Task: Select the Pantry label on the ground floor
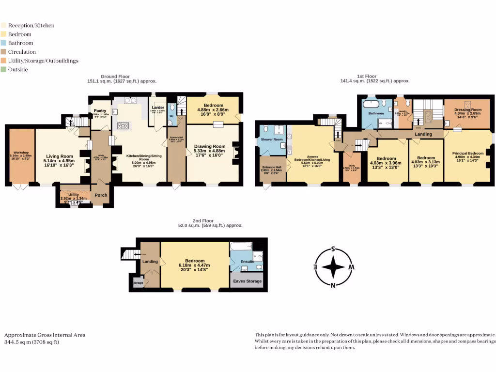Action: [x=100, y=110]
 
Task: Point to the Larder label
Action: [x=158, y=107]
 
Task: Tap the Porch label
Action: [x=101, y=195]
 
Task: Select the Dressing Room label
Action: [x=467, y=110]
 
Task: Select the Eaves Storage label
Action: [x=247, y=281]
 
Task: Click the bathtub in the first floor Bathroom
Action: [x=372, y=103]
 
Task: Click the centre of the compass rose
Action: [x=333, y=267]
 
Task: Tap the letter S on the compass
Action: [x=333, y=249]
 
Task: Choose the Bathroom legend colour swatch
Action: [x=4, y=43]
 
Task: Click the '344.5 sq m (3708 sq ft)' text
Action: [x=31, y=342]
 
